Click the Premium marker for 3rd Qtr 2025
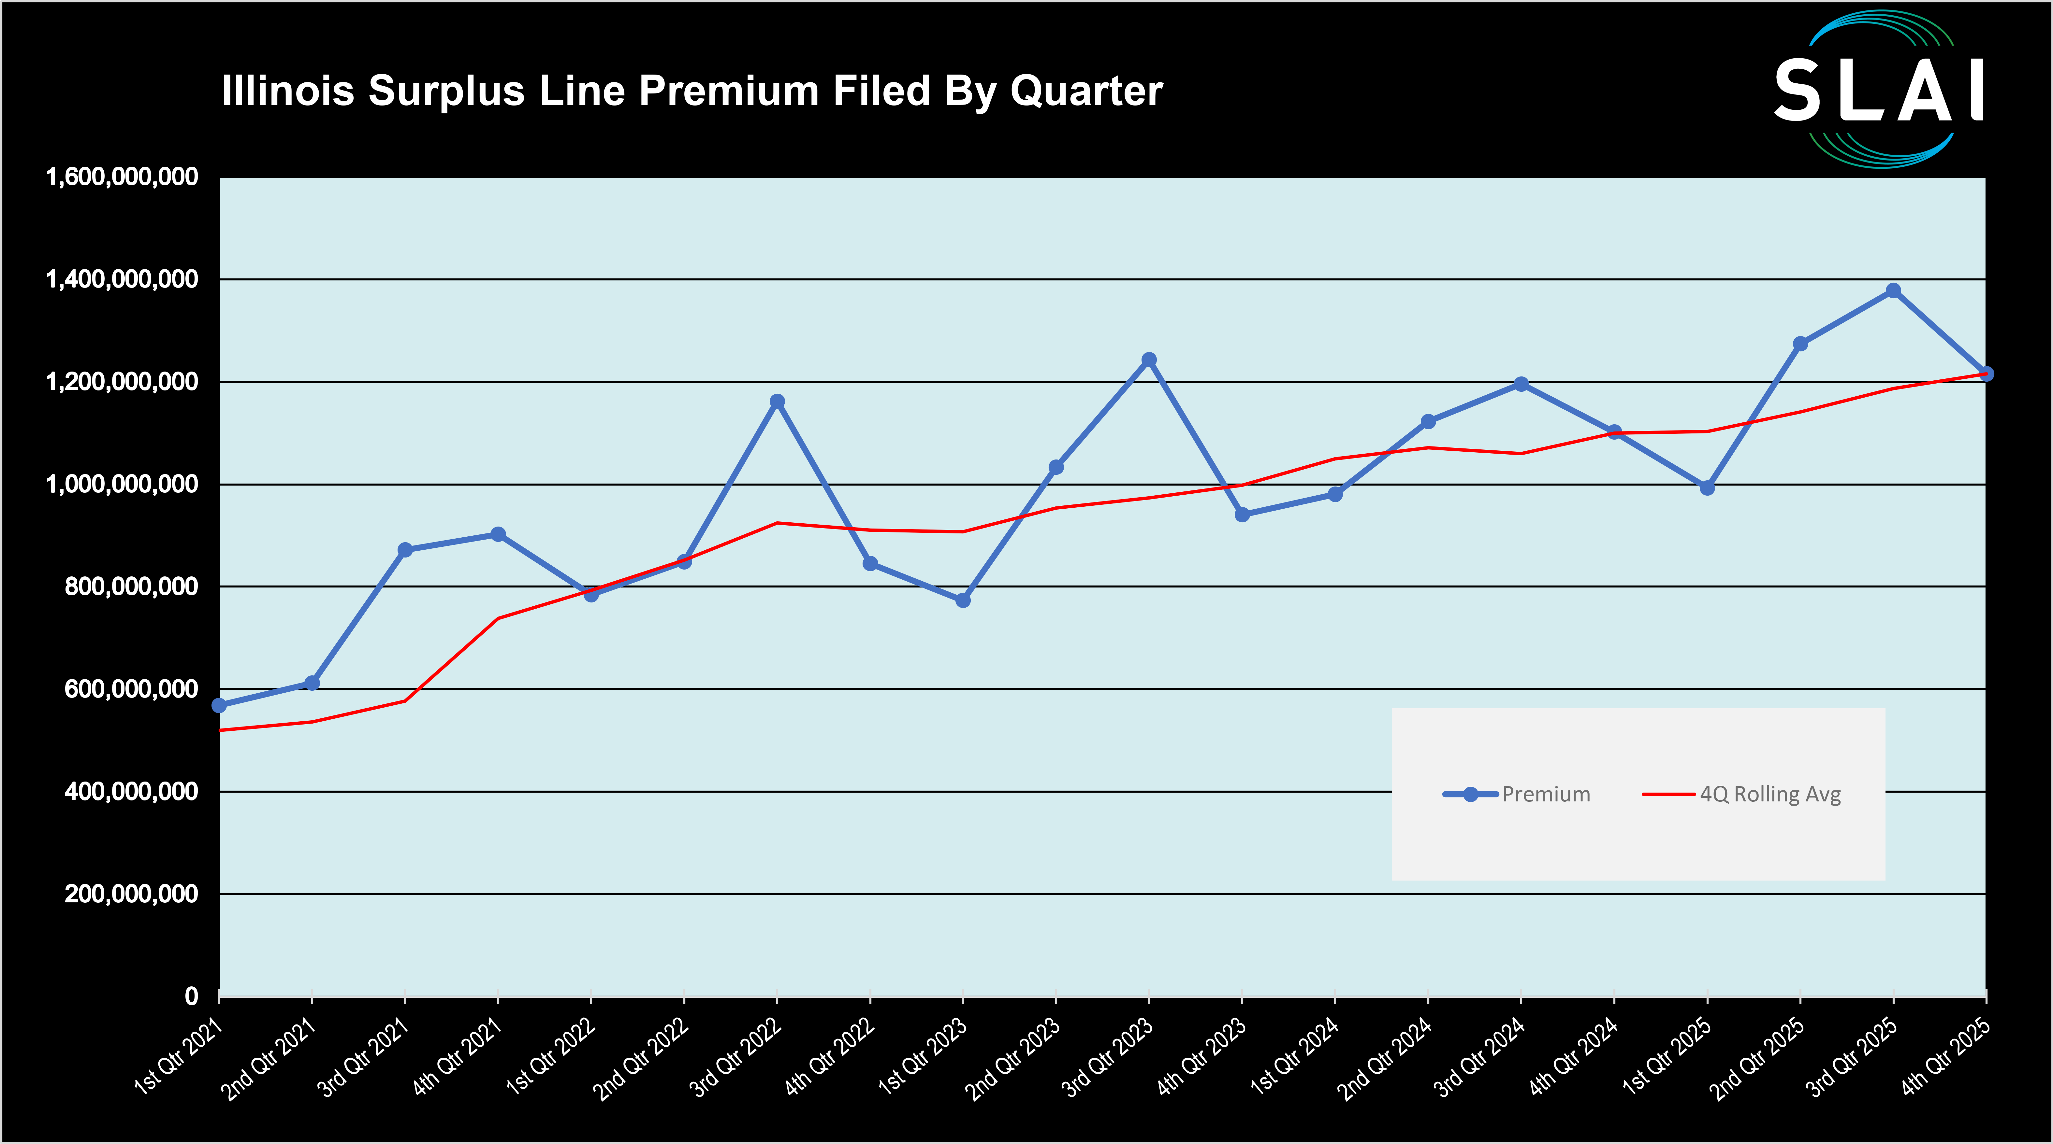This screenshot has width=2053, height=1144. (1893, 291)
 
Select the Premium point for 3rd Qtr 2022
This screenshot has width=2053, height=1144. (777, 402)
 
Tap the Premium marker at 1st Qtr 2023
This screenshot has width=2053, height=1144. (963, 600)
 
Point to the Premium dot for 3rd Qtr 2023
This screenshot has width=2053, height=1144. (1148, 360)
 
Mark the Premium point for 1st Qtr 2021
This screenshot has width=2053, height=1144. (219, 705)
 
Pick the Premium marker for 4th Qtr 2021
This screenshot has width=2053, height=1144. (498, 534)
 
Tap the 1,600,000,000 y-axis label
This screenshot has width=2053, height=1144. (122, 177)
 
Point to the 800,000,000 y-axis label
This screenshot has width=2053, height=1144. (132, 586)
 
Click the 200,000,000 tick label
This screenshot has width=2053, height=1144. (132, 894)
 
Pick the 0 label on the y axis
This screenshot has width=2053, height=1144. (191, 996)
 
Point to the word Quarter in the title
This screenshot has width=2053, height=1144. (1086, 91)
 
